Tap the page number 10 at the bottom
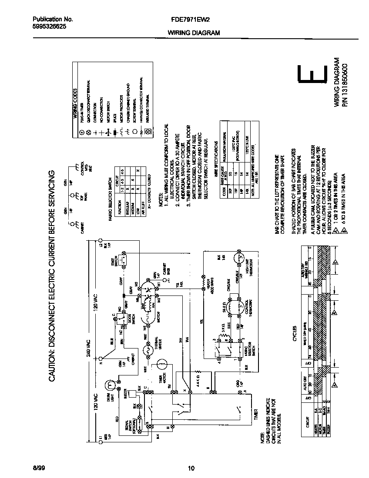(x=191, y=468)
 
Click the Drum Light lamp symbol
(x=110, y=384)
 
